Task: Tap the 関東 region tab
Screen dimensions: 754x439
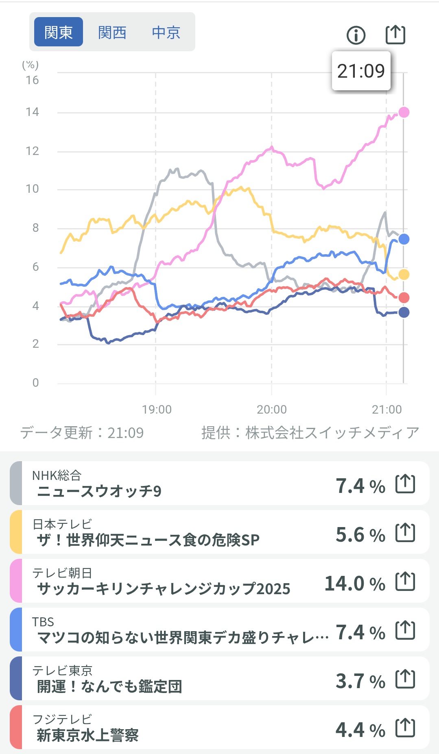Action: pyautogui.click(x=58, y=32)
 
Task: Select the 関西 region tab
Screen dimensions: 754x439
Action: pyautogui.click(x=112, y=32)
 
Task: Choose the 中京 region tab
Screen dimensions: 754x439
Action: pyautogui.click(x=166, y=32)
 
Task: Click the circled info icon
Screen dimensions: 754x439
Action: pyautogui.click(x=356, y=35)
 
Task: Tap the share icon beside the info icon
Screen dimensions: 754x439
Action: pyautogui.click(x=395, y=35)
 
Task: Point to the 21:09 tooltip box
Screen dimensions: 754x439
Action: pyautogui.click(x=361, y=71)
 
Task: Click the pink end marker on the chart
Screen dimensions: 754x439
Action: pyautogui.click(x=404, y=112)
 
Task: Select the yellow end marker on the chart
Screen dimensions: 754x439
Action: pyautogui.click(x=404, y=275)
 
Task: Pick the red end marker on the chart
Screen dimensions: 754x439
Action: pyautogui.click(x=404, y=298)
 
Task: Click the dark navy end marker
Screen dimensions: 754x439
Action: pyautogui.click(x=404, y=312)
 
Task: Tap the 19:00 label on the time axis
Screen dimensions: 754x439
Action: pyautogui.click(x=157, y=409)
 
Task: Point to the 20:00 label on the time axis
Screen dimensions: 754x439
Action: pyautogui.click(x=272, y=409)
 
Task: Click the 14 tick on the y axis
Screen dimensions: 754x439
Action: pyautogui.click(x=32, y=112)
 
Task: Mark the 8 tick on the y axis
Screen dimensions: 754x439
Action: pyautogui.click(x=35, y=228)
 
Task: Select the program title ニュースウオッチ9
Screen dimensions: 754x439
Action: pyautogui.click(x=99, y=491)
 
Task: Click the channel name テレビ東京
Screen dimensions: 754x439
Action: pyautogui.click(x=62, y=670)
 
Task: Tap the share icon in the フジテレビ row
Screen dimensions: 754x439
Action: pyautogui.click(x=405, y=728)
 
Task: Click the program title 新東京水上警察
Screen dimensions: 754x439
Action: pyautogui.click(x=87, y=735)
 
